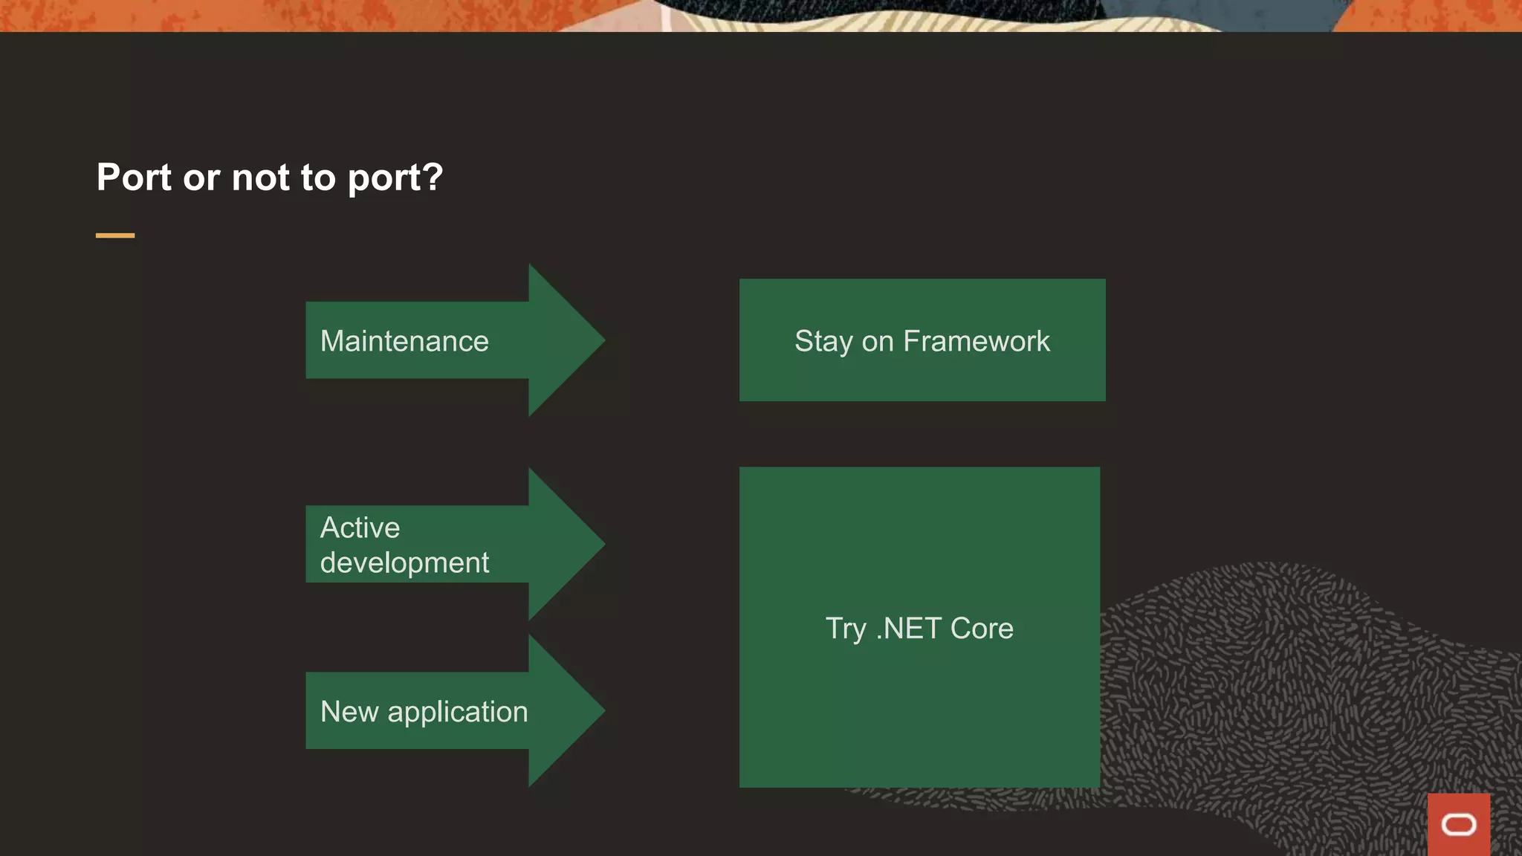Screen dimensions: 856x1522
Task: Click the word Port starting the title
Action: click(x=134, y=178)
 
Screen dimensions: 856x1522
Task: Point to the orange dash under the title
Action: click(x=115, y=236)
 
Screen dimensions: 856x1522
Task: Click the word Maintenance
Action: click(x=404, y=341)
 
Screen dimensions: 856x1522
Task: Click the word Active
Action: click(x=360, y=528)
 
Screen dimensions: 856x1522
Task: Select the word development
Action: click(x=404, y=563)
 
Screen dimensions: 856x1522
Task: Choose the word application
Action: click(x=458, y=713)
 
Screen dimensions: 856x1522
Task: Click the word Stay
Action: click(x=823, y=342)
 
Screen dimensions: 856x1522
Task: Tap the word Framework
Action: click(x=976, y=341)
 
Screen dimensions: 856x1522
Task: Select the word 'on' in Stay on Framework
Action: click(x=878, y=342)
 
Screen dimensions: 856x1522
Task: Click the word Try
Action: click(x=846, y=629)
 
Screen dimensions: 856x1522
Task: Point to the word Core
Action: click(x=982, y=629)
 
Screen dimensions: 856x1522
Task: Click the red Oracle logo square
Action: click(x=1458, y=823)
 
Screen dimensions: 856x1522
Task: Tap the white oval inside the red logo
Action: click(x=1458, y=825)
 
